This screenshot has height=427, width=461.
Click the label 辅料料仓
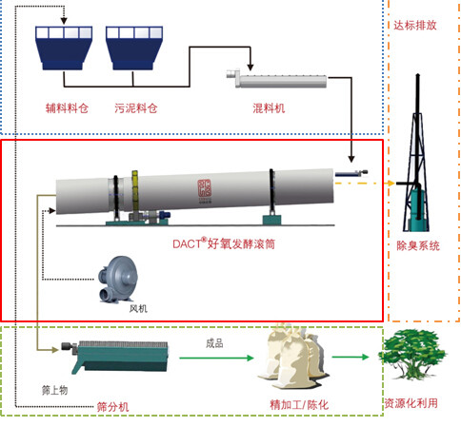point(67,108)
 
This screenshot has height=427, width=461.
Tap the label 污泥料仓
point(136,108)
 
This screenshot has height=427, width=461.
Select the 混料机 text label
point(269,108)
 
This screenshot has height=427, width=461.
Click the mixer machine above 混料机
point(276,78)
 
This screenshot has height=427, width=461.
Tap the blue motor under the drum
point(165,214)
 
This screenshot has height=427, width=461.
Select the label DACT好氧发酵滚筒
point(224,243)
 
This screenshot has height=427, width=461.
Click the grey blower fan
point(117,280)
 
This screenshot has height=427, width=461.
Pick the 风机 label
point(138,308)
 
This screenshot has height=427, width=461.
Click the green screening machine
point(115,357)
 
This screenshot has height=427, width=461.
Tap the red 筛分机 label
point(112,407)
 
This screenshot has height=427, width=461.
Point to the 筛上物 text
point(54,390)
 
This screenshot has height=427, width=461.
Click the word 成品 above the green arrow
point(214,343)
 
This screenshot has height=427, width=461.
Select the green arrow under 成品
point(216,358)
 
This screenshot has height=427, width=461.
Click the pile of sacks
point(293,357)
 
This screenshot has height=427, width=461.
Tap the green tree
point(411,355)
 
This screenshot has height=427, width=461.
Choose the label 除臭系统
point(418,245)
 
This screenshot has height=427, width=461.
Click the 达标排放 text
point(415,26)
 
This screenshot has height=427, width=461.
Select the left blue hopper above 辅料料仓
point(64,48)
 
